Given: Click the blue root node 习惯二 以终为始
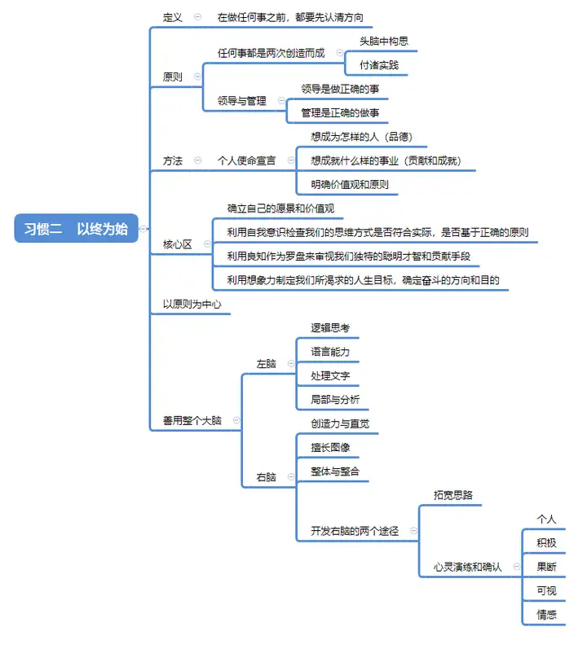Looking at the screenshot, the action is coord(76,228).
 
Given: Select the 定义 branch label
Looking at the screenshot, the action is coord(172,17).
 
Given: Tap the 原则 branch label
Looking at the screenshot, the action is coord(172,77).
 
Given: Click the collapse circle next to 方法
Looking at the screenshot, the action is coord(197,160).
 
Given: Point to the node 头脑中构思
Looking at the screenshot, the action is coord(384,42).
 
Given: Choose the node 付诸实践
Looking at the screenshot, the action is coord(379,65).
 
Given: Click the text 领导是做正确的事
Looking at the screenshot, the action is coord(340,89).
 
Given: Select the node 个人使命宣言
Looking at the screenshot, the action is coord(246,160).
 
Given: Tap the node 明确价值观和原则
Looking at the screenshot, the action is coord(350,185).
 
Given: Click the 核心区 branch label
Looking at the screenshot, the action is coord(177,244).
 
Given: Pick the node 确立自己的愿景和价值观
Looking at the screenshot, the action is coord(280,208).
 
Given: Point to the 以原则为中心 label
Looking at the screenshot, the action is coord(192,305).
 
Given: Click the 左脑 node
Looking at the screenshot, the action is coord(266,364).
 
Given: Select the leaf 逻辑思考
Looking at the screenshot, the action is coord(330,328).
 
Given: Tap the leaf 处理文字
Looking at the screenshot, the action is coord(330,376).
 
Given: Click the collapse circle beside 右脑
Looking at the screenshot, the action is coord(291,477).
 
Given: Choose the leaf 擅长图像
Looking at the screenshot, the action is coord(330,447).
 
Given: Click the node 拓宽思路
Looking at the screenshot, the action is coord(452,495).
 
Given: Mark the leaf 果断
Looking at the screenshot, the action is coord(546,567).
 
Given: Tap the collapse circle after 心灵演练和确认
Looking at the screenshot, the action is coord(517,566).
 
